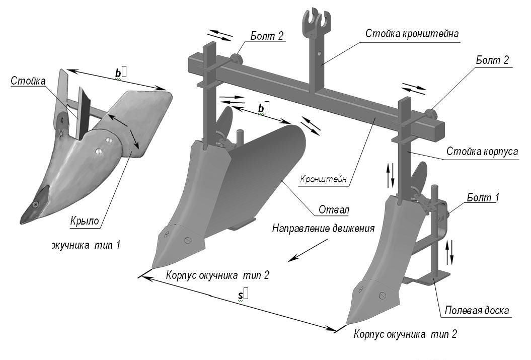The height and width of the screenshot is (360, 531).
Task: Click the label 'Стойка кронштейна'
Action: (412, 34)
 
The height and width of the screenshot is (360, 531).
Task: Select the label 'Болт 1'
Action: (483, 198)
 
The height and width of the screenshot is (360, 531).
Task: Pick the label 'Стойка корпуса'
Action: (482, 151)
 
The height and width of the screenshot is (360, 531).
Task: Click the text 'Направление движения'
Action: (323, 228)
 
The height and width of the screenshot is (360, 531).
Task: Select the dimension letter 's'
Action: (241, 296)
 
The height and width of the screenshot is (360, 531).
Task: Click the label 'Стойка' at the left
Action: (28, 81)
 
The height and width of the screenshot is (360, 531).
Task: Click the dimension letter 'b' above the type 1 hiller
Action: (118, 73)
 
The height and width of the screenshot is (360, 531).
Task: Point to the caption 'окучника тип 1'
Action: (86, 246)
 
